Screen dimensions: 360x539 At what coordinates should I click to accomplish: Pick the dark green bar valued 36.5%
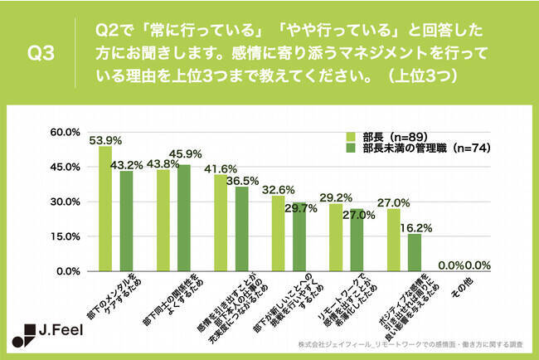[x=241, y=229]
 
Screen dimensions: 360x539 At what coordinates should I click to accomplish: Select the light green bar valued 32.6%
[x=278, y=233]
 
